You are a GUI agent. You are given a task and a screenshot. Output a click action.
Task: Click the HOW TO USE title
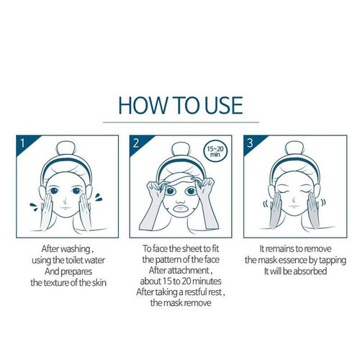pos(180,105)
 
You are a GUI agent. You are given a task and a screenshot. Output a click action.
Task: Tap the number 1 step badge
pos(22,142)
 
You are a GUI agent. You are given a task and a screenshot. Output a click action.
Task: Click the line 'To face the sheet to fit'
pos(179,245)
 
